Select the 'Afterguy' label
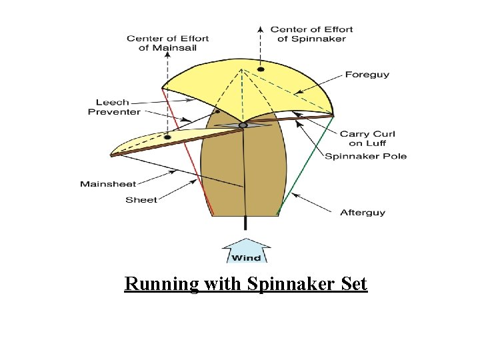[363, 213]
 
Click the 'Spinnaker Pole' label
[365, 156]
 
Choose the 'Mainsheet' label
[108, 184]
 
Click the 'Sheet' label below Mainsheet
[141, 199]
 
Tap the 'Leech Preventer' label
[113, 107]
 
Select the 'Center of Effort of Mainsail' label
[167, 43]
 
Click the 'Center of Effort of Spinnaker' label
[311, 33]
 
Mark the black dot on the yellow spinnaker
[261, 69]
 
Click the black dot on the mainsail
[167, 137]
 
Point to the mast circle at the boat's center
[243, 125]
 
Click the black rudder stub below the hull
[246, 223]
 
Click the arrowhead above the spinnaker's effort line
[261, 29]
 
